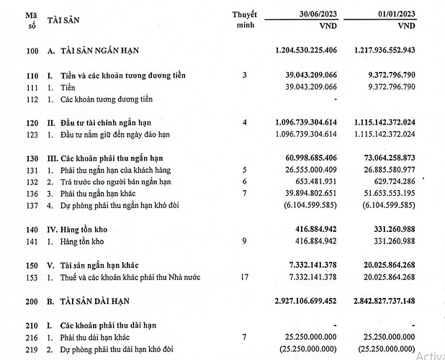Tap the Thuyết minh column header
(244, 20)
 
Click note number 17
(244, 277)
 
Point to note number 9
(244, 242)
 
